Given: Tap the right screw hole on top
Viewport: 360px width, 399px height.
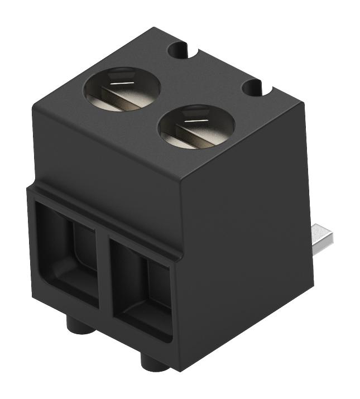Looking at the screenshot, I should click(196, 127).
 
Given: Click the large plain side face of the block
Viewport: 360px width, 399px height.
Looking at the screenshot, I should click(246, 234).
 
